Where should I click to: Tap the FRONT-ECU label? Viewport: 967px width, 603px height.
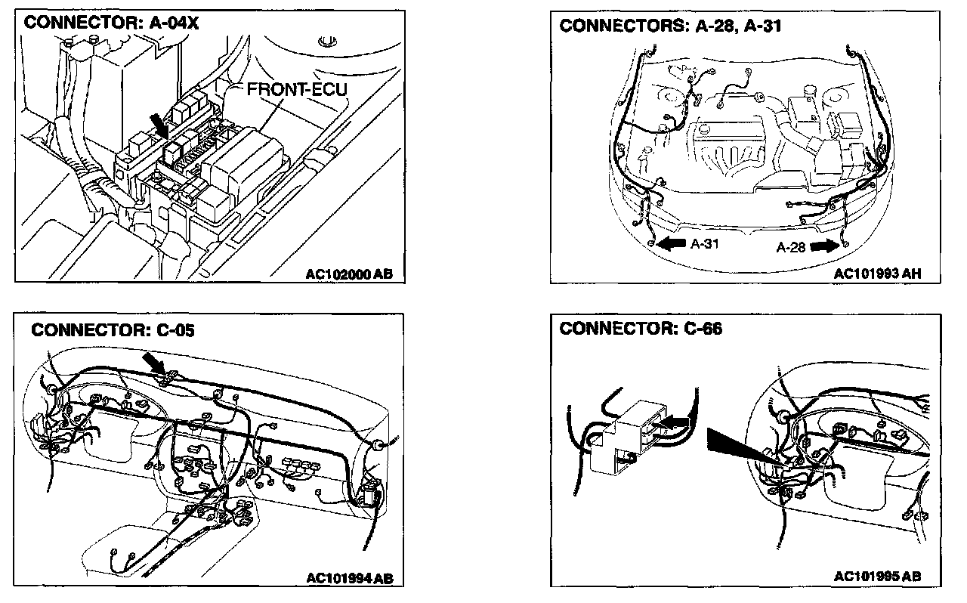297,90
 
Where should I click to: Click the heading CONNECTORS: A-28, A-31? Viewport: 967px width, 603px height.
670,26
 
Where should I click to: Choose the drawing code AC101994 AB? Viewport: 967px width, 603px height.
349,579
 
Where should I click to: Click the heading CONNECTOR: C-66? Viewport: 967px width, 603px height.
641,329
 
